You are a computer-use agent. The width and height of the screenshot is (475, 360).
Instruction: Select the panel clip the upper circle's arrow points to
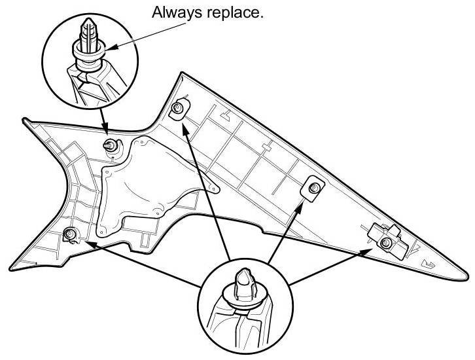point(110,145)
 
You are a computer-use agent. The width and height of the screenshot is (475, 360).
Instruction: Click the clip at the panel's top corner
point(177,107)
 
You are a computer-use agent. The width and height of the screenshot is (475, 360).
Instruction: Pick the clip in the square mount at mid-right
point(313,187)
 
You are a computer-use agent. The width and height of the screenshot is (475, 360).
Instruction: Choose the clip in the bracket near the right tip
point(386,243)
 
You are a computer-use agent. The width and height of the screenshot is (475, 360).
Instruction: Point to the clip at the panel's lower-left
point(69,234)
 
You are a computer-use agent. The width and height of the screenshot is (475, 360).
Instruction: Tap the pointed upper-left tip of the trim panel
point(24,118)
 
